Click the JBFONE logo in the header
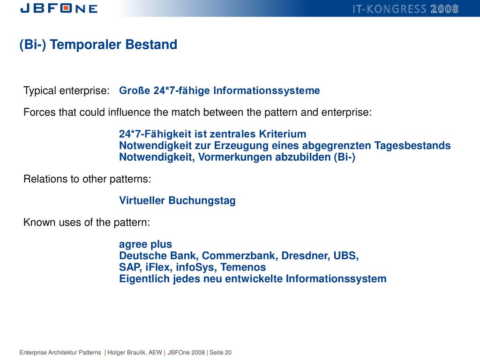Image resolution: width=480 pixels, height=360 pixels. (x=59, y=8)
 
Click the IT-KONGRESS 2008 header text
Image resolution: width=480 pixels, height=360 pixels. (x=405, y=9)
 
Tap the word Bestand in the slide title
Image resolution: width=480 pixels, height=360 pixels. (x=151, y=45)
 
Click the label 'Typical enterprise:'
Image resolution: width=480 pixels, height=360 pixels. (x=67, y=90)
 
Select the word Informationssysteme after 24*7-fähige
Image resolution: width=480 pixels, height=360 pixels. (x=267, y=90)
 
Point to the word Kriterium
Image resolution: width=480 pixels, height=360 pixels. (x=283, y=134)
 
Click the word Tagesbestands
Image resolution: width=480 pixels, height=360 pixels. (x=412, y=146)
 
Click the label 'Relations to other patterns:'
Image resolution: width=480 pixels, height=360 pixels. (x=87, y=179)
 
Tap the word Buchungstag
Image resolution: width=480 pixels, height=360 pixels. (x=202, y=201)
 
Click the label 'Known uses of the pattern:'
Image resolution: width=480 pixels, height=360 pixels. (x=87, y=222)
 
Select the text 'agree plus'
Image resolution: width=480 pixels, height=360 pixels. (x=145, y=244)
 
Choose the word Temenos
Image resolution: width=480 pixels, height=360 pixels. (x=243, y=267)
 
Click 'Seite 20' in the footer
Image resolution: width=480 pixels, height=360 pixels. (x=220, y=352)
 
